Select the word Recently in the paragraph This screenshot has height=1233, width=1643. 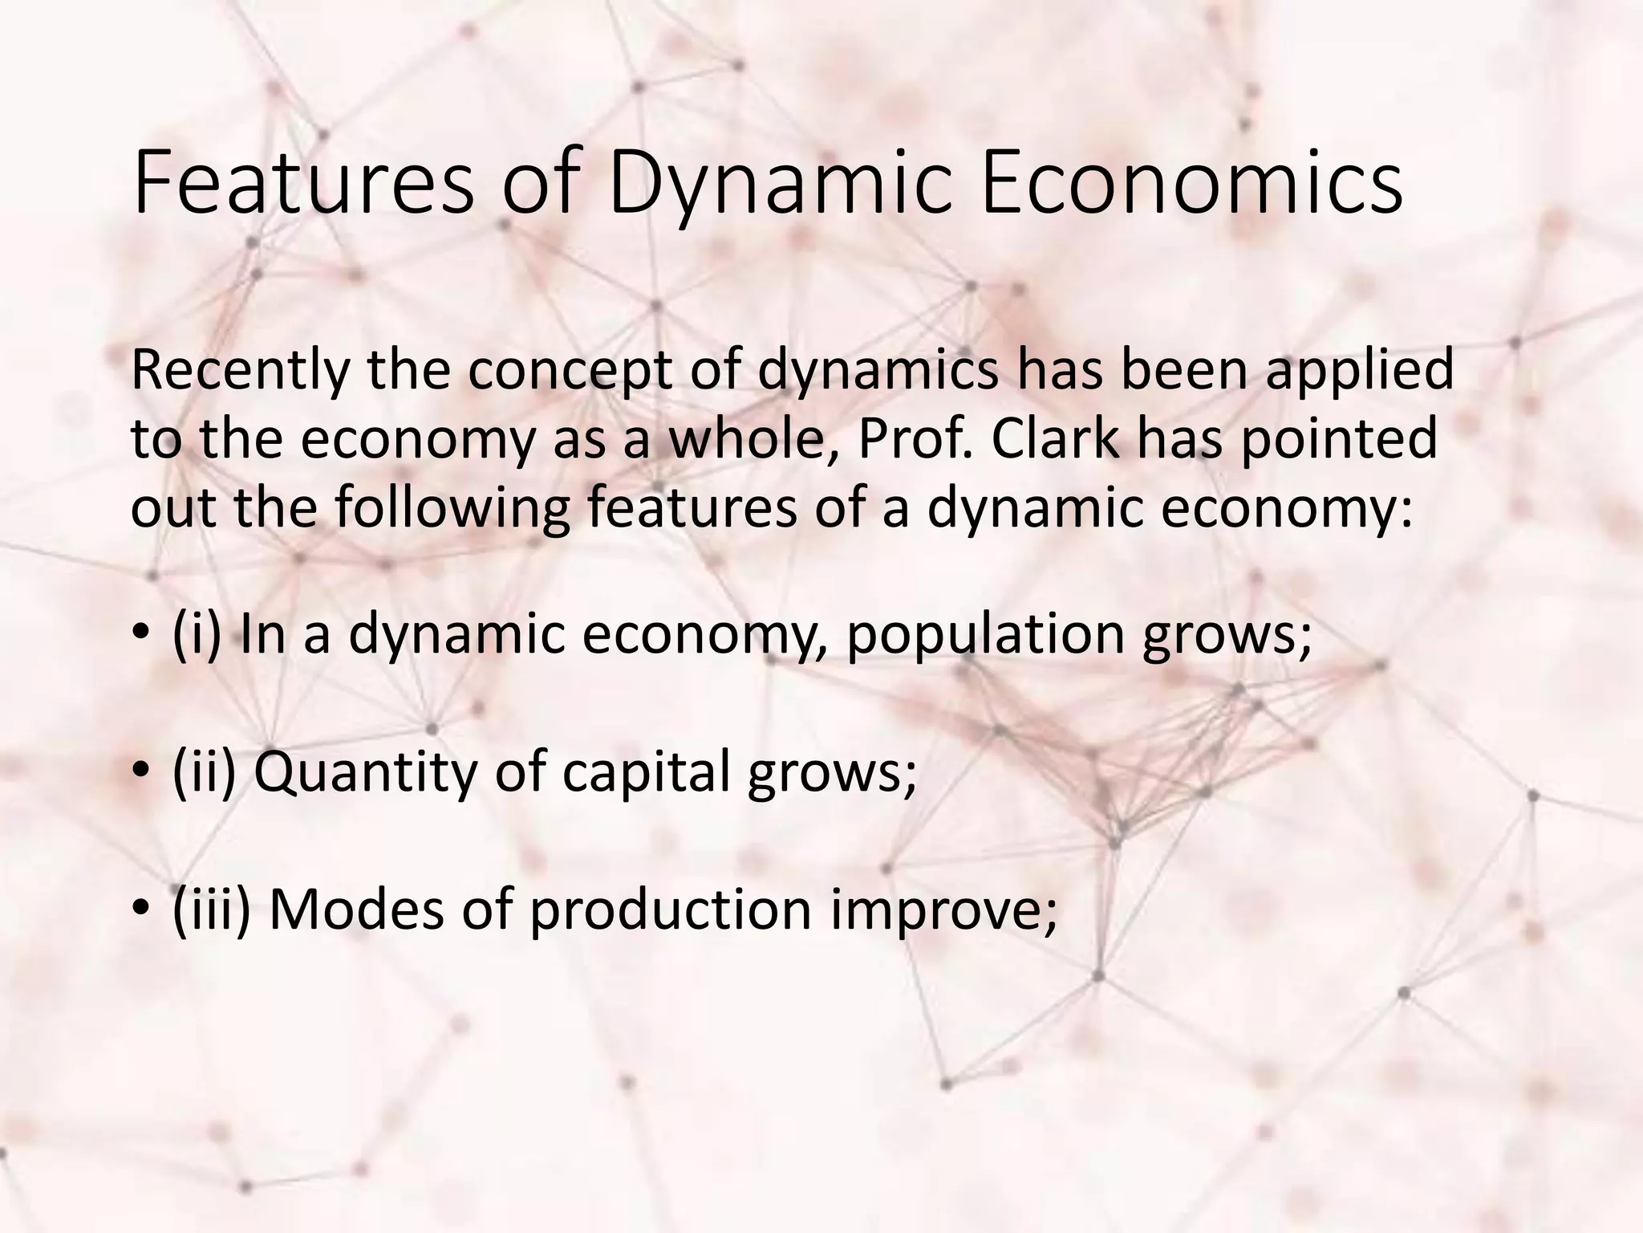(241, 371)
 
